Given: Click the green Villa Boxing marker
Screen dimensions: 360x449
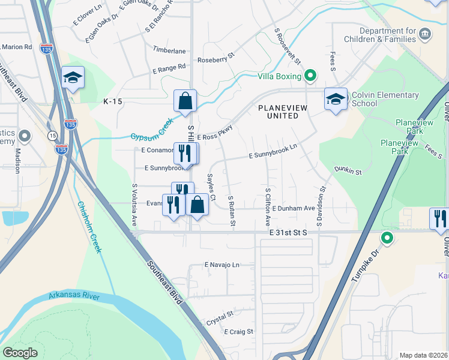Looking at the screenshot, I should pyautogui.click(x=310, y=76).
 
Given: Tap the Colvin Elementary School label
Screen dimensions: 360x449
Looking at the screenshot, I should pyautogui.click(x=385, y=99).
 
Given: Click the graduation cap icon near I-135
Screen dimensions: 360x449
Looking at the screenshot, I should pyautogui.click(x=73, y=77).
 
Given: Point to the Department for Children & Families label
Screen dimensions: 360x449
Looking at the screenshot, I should pyautogui.click(x=387, y=35).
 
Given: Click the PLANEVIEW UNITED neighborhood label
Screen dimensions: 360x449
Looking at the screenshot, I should pyautogui.click(x=286, y=112).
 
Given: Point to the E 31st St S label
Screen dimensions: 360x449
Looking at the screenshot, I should pyautogui.click(x=287, y=232).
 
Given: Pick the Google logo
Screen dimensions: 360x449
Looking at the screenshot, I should pyautogui.click(x=20, y=353).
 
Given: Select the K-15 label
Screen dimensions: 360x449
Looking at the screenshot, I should pyautogui.click(x=112, y=102).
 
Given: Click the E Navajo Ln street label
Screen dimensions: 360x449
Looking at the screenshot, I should pyautogui.click(x=221, y=264).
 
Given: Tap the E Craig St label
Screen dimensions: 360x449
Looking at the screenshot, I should pyautogui.click(x=239, y=331).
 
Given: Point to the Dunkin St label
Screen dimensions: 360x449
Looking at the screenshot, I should pyautogui.click(x=348, y=172).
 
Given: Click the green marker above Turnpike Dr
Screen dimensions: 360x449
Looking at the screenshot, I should pyautogui.click(x=387, y=239).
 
